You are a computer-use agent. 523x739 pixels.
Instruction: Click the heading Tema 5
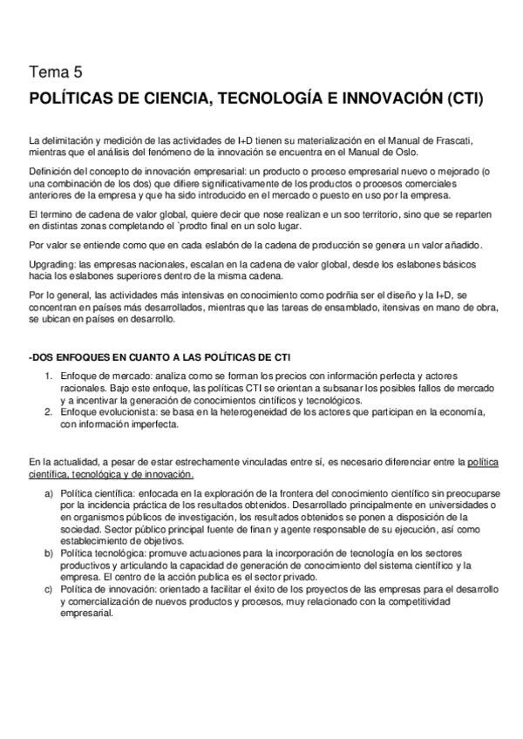coord(58,71)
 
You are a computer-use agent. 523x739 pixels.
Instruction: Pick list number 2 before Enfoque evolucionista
coord(49,413)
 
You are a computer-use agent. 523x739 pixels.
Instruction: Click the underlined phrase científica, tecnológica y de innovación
coord(112,473)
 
